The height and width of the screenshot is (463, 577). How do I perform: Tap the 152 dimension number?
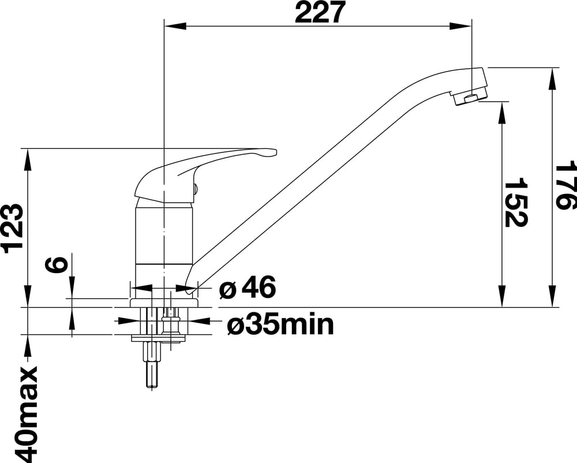tap(516, 203)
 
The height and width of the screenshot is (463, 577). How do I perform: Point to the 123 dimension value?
tap(14, 229)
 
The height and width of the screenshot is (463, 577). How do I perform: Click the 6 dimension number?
tap(57, 264)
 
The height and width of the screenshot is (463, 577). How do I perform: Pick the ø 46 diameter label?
tap(248, 287)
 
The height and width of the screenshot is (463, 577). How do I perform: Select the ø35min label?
tap(280, 324)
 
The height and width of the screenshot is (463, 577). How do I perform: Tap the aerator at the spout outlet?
tap(470, 98)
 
